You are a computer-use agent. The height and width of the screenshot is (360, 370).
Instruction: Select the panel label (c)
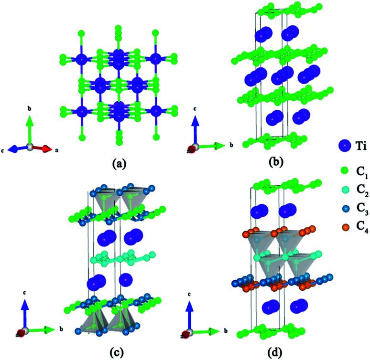[118, 352]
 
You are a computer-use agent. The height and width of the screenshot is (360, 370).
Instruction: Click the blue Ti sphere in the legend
[343, 147]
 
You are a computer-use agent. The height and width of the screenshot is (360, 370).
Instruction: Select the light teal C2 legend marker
[343, 190]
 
